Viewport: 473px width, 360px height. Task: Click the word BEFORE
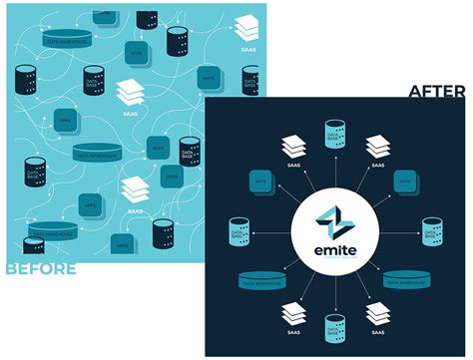[40, 267]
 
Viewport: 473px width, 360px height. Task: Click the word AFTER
[436, 92]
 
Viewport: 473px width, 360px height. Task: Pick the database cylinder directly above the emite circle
[334, 134]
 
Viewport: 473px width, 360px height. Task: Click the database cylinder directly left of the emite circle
[239, 230]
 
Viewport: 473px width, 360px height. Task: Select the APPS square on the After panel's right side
[404, 182]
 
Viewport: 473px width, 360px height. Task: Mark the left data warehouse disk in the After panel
[260, 281]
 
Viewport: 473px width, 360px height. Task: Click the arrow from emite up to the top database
[334, 170]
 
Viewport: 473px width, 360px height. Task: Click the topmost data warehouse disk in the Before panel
[67, 37]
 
